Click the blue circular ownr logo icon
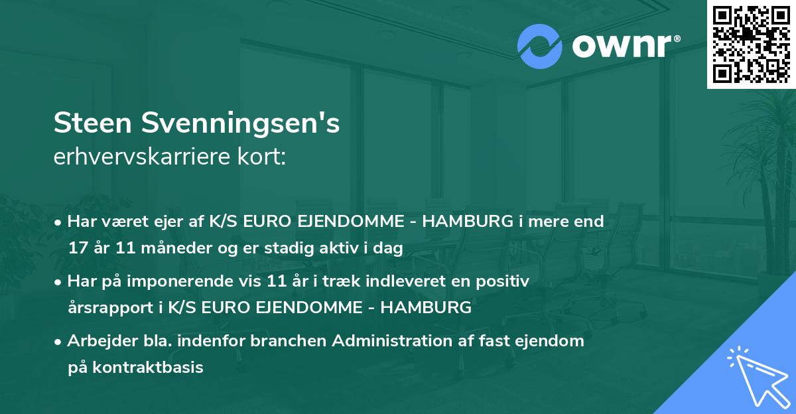[x=540, y=46]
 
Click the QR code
[x=751, y=44]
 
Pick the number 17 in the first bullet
[x=77, y=249]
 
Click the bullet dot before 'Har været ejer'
[x=60, y=222]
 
